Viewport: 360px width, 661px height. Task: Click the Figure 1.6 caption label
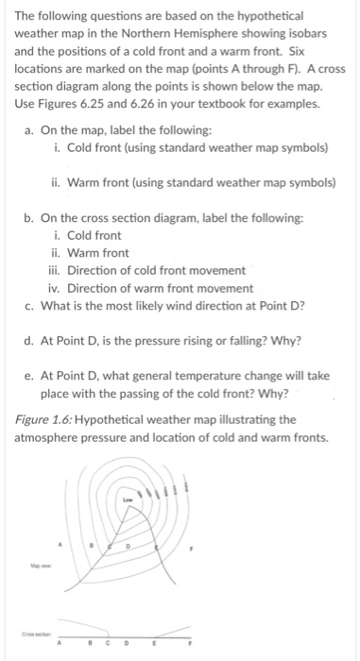pyautogui.click(x=47, y=419)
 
